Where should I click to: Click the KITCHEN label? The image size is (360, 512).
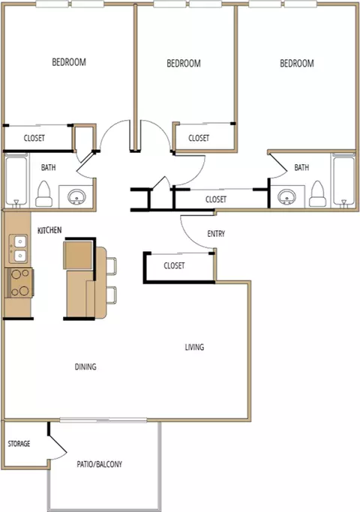[x=49, y=230]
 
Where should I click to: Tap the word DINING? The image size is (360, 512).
[x=85, y=367]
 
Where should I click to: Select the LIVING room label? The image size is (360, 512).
[x=194, y=347]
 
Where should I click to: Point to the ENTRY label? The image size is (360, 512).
[x=216, y=233]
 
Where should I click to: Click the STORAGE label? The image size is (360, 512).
[x=19, y=444]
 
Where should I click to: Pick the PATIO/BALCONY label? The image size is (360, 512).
[x=99, y=464]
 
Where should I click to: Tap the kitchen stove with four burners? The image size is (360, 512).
[x=20, y=283]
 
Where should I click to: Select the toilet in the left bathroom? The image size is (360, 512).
[x=43, y=194]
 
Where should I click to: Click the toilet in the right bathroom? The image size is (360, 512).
[x=317, y=194]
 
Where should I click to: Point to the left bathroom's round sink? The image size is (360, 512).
[x=77, y=196]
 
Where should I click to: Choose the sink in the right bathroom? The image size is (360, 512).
[x=286, y=196]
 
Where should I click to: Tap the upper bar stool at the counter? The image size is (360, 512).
[x=112, y=265]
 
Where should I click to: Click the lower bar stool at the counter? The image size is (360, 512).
[x=112, y=295]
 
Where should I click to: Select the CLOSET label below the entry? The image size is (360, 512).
[x=174, y=265]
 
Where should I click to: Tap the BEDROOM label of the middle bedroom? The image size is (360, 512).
[x=184, y=63]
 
